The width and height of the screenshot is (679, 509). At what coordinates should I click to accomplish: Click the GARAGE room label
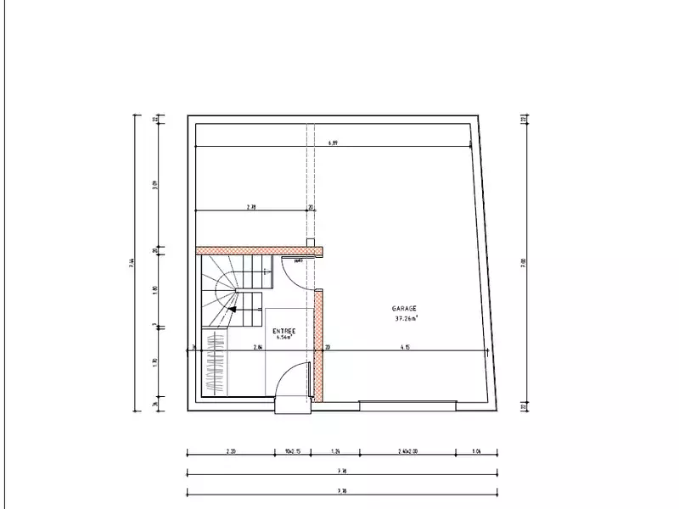point(404,309)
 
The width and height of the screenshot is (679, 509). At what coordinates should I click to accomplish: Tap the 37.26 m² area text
point(407,319)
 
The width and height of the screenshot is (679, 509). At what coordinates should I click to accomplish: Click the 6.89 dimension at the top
point(334,143)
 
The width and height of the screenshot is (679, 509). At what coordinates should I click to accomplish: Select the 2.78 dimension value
point(251,206)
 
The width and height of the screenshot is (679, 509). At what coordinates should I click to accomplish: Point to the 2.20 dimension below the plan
point(231,452)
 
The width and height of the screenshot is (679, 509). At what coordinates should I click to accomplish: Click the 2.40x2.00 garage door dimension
point(406,452)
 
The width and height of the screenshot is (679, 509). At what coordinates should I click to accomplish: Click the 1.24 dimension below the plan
point(335,452)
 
